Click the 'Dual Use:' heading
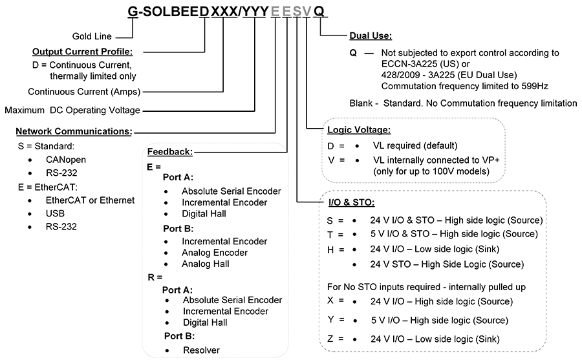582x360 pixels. [x=371, y=36]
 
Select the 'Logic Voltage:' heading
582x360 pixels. [x=358, y=130]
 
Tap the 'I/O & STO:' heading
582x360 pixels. [x=352, y=203]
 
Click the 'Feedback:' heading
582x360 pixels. [x=170, y=152]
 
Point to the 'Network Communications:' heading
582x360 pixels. [x=74, y=131]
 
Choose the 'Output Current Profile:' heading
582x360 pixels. [x=82, y=52]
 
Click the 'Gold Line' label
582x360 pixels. [x=92, y=36]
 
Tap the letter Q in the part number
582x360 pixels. [x=319, y=12]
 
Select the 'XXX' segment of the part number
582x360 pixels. [x=224, y=12]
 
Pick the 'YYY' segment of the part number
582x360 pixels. [x=255, y=12]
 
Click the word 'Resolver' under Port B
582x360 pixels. [x=201, y=350]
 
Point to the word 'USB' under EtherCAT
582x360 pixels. [x=55, y=213]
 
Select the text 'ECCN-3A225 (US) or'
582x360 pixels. [x=426, y=64]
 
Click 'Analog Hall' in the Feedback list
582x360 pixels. [x=205, y=264]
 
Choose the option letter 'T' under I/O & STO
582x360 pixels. [x=330, y=235]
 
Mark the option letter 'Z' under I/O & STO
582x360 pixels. [x=330, y=339]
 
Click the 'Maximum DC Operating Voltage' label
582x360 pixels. [x=72, y=111]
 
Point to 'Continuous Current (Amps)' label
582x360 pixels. [x=84, y=92]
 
